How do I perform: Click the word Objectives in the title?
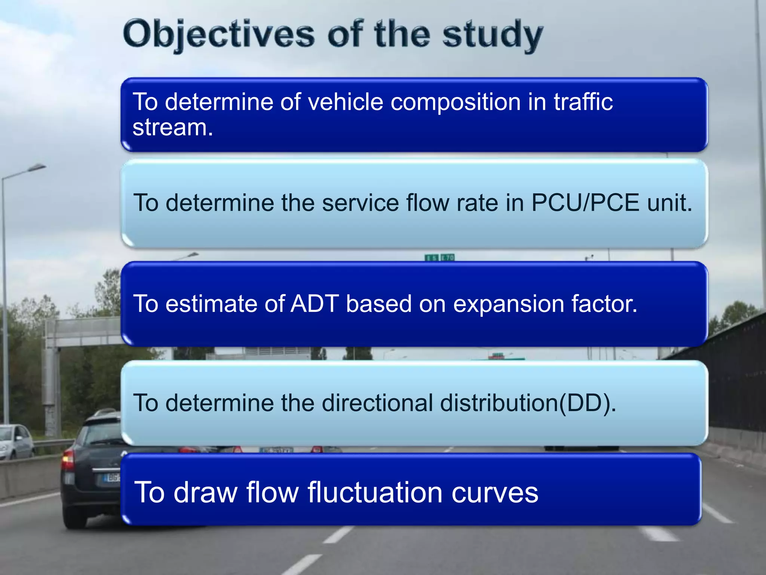pyautogui.click(x=219, y=35)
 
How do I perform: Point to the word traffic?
pyautogui.click(x=583, y=102)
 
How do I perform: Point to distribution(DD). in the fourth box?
pyautogui.click(x=528, y=403)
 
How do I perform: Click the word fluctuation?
pyautogui.click(x=376, y=492)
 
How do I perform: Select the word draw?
pyautogui.click(x=206, y=492)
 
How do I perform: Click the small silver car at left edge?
pyautogui.click(x=15, y=442)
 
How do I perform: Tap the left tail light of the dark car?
pyautogui.click(x=68, y=460)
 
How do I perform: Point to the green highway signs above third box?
pyautogui.click(x=439, y=257)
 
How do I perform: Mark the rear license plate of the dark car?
pyautogui.click(x=112, y=478)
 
